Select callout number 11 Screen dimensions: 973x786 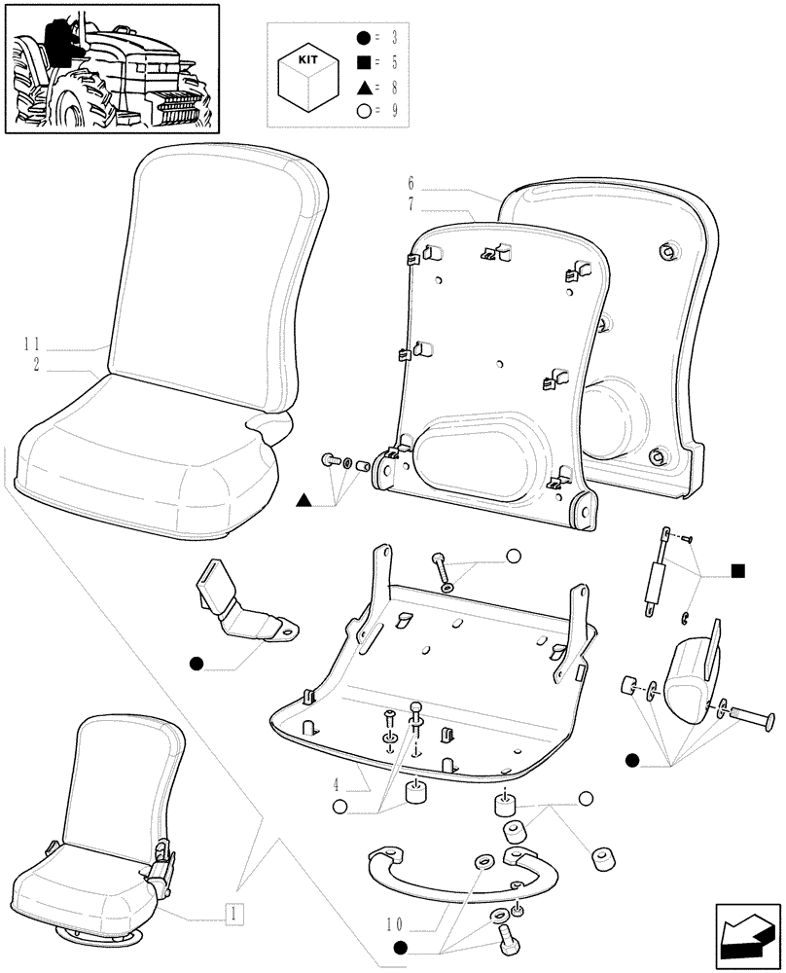point(33,343)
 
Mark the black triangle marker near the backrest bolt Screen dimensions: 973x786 point(304,501)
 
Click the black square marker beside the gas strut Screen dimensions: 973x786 point(737,570)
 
